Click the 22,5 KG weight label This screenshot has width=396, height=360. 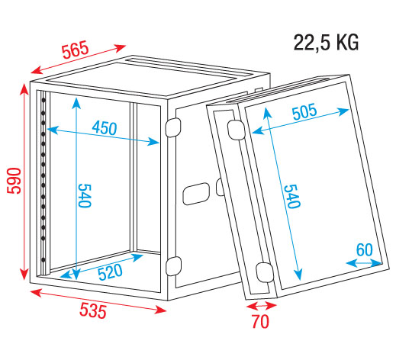326,43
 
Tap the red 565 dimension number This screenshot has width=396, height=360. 76,50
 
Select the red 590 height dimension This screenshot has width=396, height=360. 14,181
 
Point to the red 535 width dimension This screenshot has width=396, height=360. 93,311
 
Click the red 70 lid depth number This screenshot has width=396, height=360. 260,322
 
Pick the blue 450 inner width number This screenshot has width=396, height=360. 105,128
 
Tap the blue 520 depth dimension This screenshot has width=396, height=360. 110,272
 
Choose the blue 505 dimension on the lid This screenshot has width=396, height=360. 304,112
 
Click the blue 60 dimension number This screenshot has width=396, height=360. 365,250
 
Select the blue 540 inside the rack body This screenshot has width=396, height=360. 85,196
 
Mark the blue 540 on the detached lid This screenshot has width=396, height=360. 292,196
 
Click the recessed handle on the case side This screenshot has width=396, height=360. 196,194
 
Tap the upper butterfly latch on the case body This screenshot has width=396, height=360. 173,127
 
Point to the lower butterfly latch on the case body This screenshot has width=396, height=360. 173,266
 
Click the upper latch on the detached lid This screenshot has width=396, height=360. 236,130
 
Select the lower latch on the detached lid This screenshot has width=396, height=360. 265,272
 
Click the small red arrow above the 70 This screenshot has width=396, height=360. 262,305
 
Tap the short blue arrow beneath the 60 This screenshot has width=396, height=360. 364,263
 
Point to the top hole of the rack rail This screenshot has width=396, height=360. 43,101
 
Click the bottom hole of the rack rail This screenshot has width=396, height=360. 43,260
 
